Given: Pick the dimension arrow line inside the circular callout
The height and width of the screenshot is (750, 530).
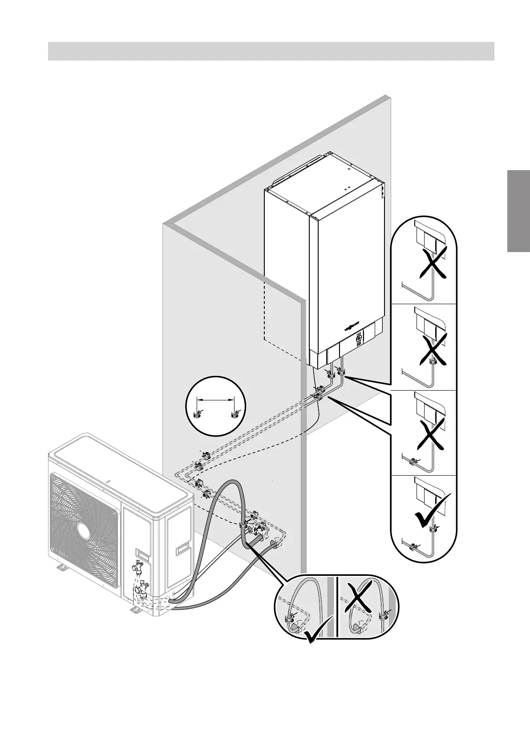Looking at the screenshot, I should point(215,400).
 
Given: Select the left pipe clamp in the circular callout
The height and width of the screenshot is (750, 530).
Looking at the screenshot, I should point(197,415).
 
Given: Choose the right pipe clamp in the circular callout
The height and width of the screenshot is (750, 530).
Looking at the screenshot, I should point(234,415).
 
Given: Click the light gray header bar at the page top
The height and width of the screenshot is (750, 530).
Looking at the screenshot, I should point(271,51).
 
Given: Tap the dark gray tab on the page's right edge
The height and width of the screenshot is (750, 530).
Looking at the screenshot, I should point(518,211).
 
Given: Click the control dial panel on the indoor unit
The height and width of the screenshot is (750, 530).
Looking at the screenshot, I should point(359,341).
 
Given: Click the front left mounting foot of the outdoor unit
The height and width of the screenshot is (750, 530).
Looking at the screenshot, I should point(61,567).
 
